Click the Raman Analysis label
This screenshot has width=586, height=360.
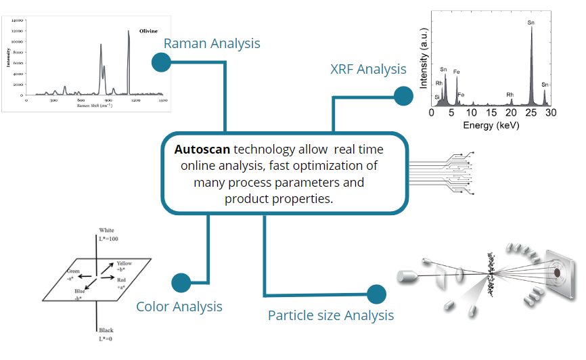(212, 44)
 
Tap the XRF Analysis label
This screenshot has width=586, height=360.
(368, 69)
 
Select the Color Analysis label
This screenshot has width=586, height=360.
(179, 307)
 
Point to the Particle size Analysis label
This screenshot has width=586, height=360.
(331, 315)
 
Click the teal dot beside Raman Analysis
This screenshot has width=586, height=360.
(161, 62)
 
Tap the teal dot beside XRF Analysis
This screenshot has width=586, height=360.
(404, 96)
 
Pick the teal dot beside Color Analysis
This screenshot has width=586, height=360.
(181, 282)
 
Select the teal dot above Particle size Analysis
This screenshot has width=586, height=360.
(376, 294)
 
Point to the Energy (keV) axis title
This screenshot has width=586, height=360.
(490, 126)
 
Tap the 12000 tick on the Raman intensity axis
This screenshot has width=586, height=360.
(18, 31)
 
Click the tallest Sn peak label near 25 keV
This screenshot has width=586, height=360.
(531, 22)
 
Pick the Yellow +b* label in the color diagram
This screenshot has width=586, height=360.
(125, 266)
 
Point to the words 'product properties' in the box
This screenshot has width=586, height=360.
(279, 199)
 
